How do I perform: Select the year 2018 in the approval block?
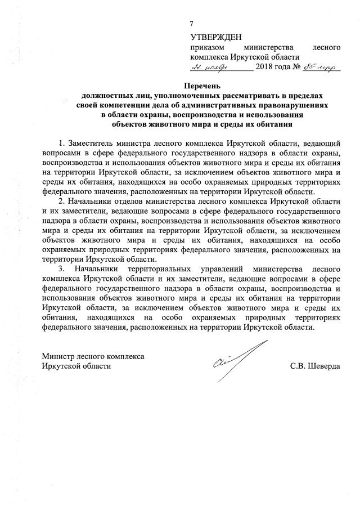coord(267,68)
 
